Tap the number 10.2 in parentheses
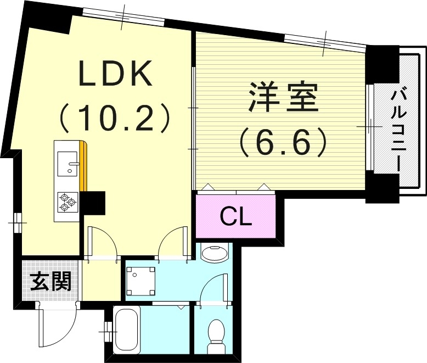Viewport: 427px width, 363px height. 115,117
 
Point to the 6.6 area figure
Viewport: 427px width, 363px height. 283,141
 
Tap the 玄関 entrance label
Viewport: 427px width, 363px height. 50,283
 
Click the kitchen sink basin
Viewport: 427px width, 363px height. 67,163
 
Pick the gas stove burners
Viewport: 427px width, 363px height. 67,202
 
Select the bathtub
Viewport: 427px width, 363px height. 127,330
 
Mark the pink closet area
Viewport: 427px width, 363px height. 236,217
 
